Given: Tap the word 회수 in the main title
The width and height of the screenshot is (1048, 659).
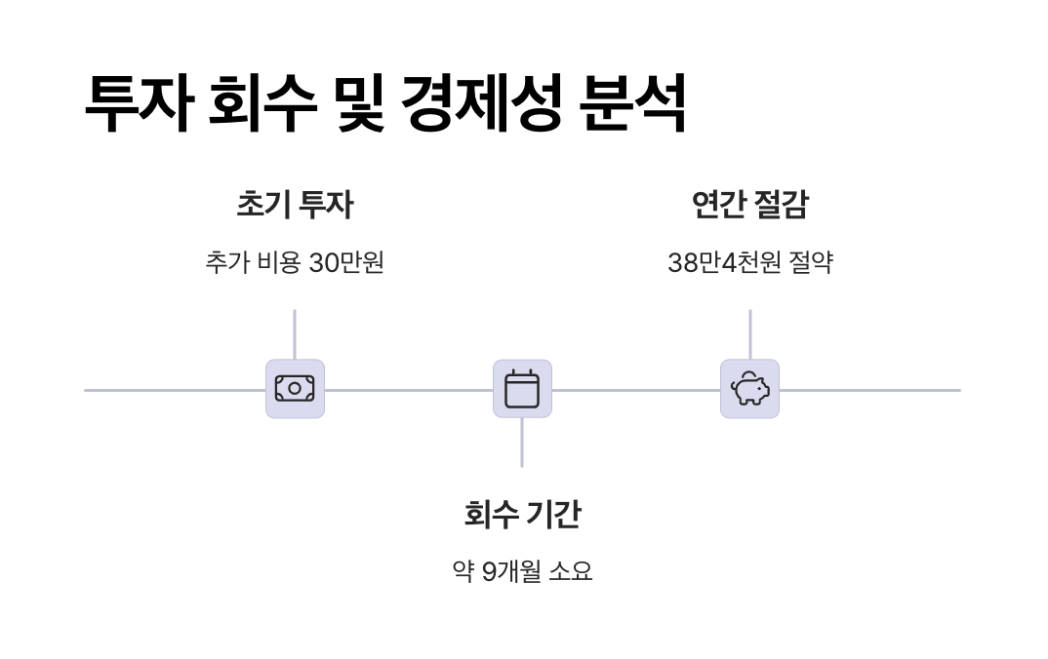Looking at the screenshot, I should (x=262, y=102).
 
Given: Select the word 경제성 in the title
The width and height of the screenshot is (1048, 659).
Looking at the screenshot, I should (x=481, y=102).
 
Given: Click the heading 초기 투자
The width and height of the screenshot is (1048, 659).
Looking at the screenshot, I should (x=295, y=205).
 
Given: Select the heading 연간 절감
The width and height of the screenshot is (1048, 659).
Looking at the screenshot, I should (x=749, y=205).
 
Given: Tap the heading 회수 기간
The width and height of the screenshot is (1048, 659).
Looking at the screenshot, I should (x=522, y=514).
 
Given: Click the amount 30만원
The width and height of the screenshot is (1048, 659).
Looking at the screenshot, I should (x=346, y=262).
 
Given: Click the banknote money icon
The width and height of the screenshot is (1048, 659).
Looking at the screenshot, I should (x=295, y=389).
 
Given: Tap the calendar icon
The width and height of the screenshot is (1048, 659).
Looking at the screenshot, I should (x=522, y=389).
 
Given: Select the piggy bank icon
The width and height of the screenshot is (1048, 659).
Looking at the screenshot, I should (x=749, y=389).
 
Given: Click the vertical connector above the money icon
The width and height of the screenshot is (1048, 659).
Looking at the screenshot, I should (x=295, y=334).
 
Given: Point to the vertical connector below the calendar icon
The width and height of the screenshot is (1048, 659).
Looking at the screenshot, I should (x=522, y=443).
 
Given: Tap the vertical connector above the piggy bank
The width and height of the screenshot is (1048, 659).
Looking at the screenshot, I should (x=749, y=334).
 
